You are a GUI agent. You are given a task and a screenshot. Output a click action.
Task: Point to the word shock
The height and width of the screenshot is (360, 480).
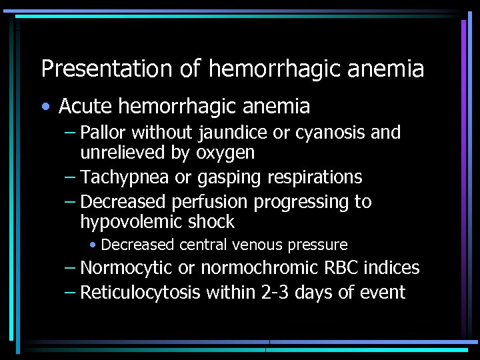(213, 221)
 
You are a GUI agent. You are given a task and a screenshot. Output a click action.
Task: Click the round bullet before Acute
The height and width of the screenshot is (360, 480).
(44, 107)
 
